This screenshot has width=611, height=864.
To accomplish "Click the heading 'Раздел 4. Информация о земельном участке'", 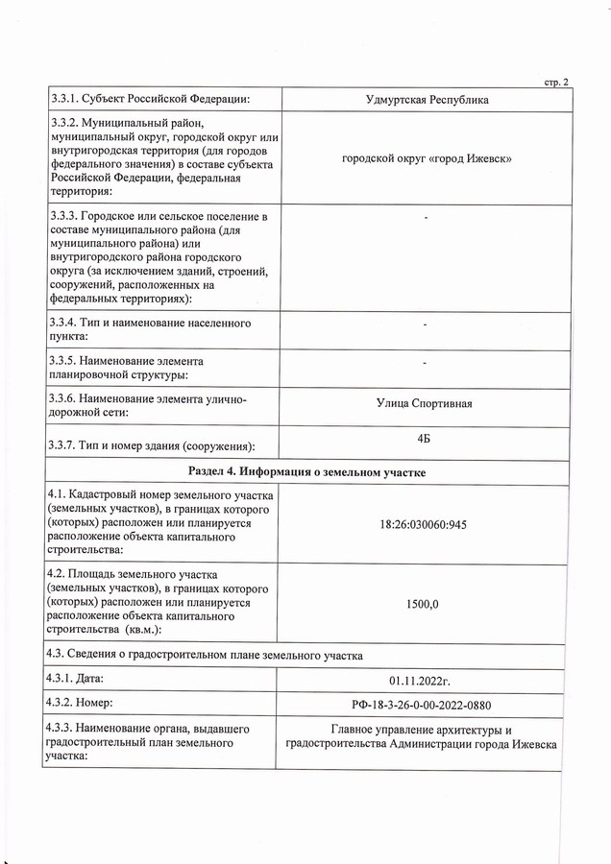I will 307,472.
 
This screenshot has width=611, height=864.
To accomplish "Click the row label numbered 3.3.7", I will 151,446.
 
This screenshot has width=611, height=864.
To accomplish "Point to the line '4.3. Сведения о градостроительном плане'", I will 205,657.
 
